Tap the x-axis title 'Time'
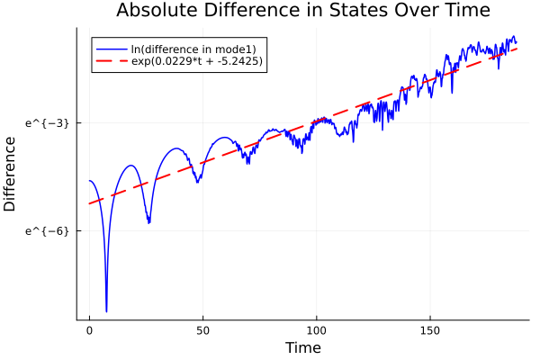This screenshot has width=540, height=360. [x=302, y=347]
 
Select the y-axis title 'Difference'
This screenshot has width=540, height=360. [x=11, y=174]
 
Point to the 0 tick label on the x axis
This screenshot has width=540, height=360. [x=89, y=330]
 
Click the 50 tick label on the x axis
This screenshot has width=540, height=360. [x=202, y=330]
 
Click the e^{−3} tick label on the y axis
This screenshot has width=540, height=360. [x=48, y=122]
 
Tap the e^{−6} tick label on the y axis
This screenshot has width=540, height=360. [x=48, y=230]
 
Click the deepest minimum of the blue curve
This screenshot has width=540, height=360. [x=106, y=311]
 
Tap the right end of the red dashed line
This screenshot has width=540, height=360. [x=517, y=48]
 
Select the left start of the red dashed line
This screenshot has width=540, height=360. [x=89, y=203]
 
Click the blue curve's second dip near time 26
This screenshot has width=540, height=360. [x=148, y=222]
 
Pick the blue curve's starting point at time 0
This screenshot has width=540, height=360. [x=89, y=181]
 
